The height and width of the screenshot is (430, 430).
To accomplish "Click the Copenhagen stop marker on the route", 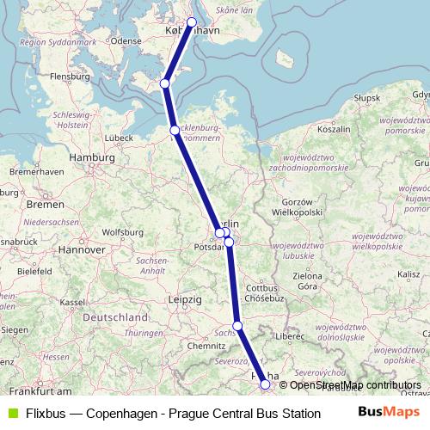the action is click(x=192, y=22).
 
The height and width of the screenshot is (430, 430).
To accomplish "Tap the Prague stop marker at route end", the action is click(x=265, y=385).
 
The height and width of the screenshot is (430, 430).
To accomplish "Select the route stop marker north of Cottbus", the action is click(x=229, y=243).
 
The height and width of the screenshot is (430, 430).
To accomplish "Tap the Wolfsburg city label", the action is click(x=123, y=231).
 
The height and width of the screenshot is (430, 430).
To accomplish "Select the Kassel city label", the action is click(x=71, y=302).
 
